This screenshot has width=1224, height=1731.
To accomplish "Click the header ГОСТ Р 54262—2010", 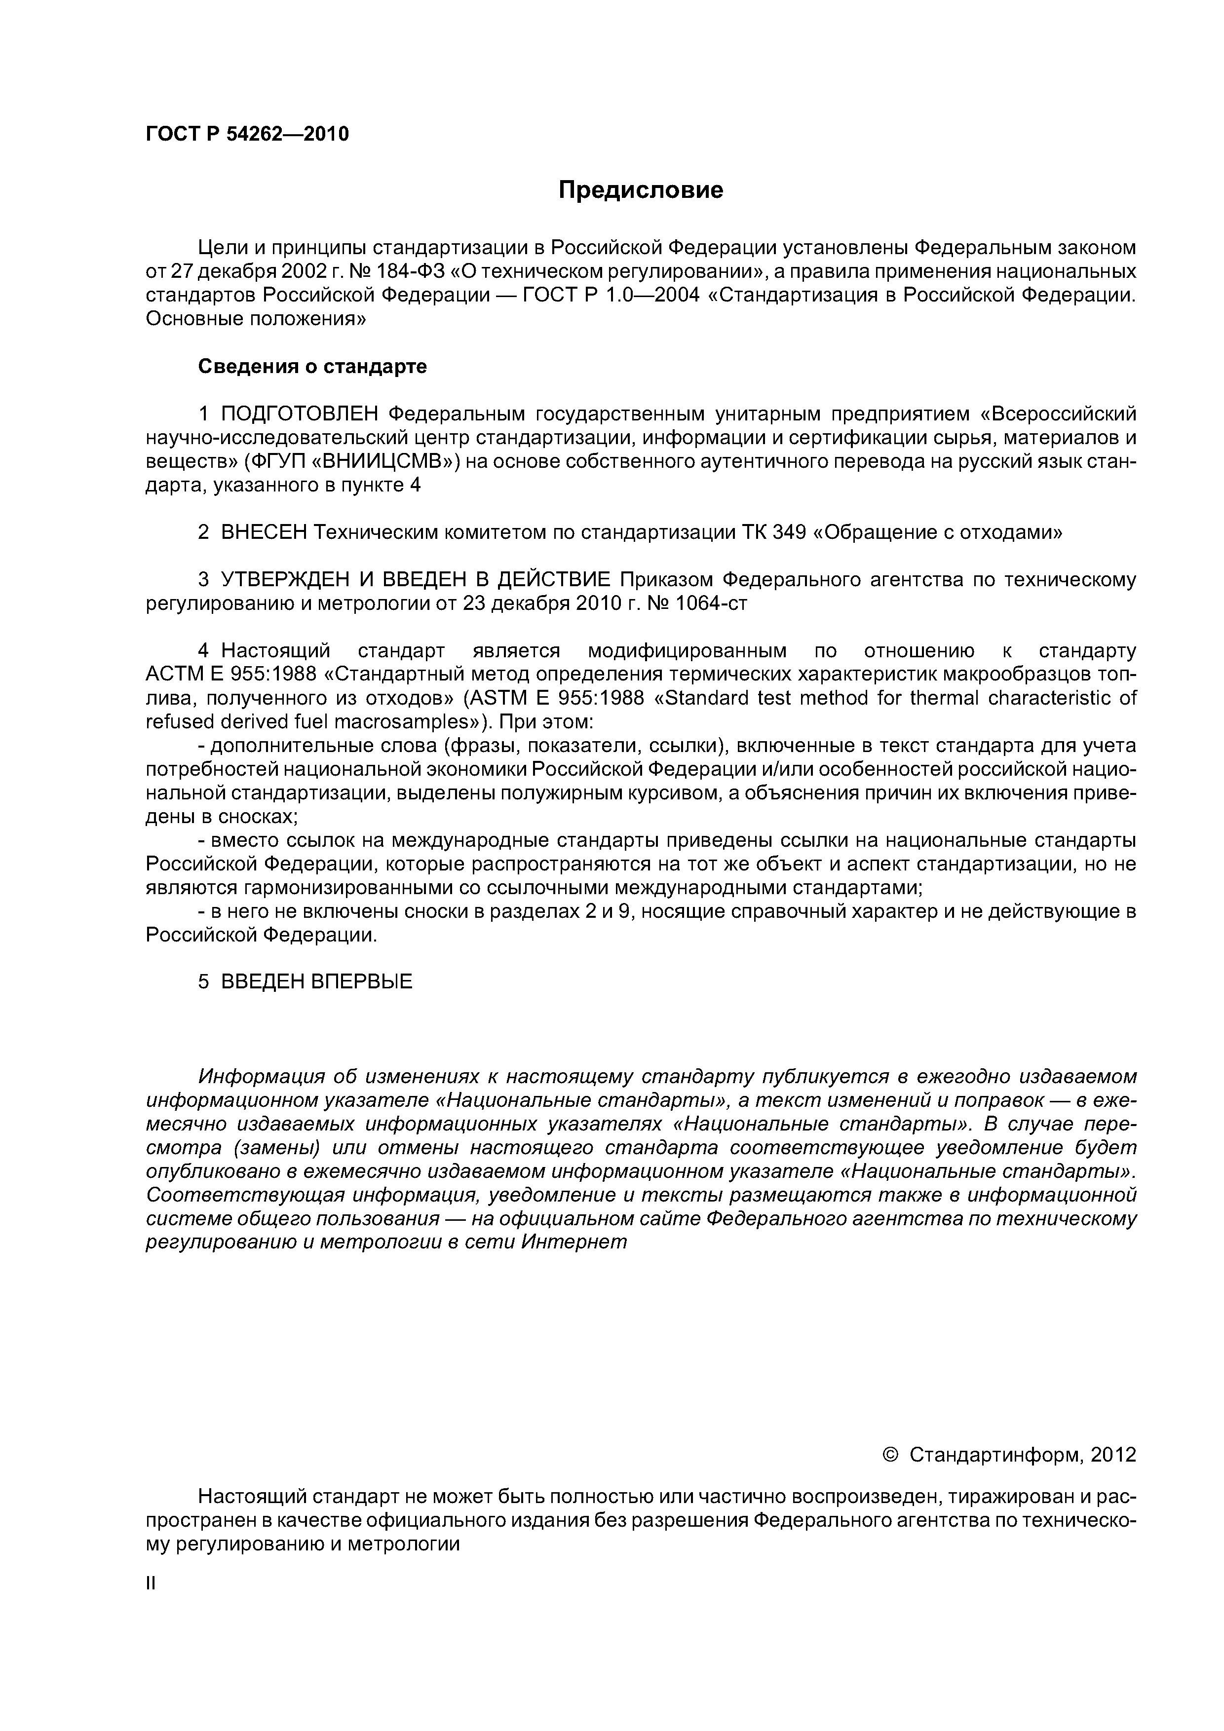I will pyautogui.click(x=247, y=134).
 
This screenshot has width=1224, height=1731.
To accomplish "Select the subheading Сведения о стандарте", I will pyautogui.click(x=312, y=367).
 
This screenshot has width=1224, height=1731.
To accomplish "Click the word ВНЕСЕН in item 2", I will pyautogui.click(x=264, y=532).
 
